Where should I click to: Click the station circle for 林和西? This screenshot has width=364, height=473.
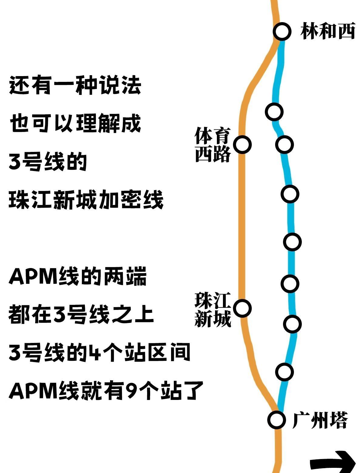tap(282, 31)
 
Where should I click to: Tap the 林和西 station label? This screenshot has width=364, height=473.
tap(328, 31)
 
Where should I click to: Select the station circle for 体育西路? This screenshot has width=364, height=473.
tap(242, 144)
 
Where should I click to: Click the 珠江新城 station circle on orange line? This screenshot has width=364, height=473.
tap(242, 308)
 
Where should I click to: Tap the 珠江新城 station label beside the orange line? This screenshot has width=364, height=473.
tap(213, 309)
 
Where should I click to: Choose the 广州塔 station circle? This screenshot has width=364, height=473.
tap(276, 420)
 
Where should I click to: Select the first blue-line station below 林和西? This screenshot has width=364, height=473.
tap(274, 112)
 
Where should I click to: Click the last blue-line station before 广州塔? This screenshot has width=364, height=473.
tap(285, 371)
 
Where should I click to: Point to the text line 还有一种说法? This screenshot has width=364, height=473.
tap(75, 86)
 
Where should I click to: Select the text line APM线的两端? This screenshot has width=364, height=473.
tap(78, 276)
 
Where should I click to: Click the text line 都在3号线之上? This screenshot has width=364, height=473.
tap(81, 314)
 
